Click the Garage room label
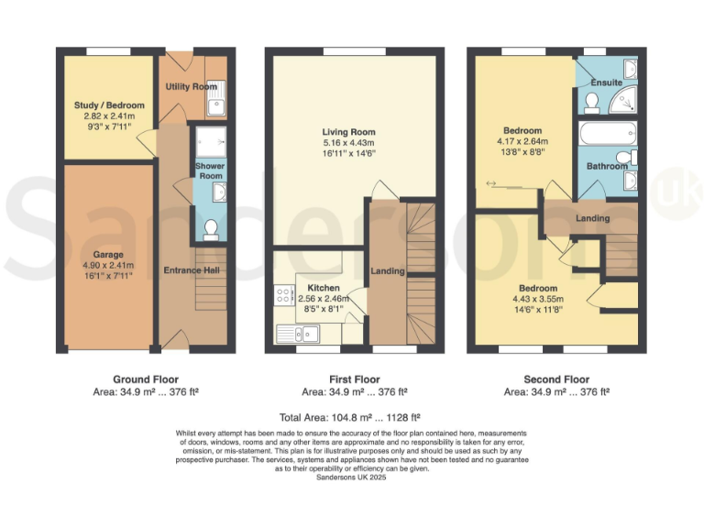pyautogui.click(x=107, y=254)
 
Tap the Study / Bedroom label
pyautogui.click(x=109, y=105)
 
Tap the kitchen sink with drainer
pyautogui.click(x=303, y=333)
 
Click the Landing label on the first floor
pyautogui.click(x=388, y=271)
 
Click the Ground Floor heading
pyautogui.click(x=146, y=379)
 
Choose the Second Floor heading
pyautogui.click(x=556, y=379)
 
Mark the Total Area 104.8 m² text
pyautogui.click(x=351, y=416)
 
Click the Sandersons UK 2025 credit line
pyautogui.click(x=351, y=478)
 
